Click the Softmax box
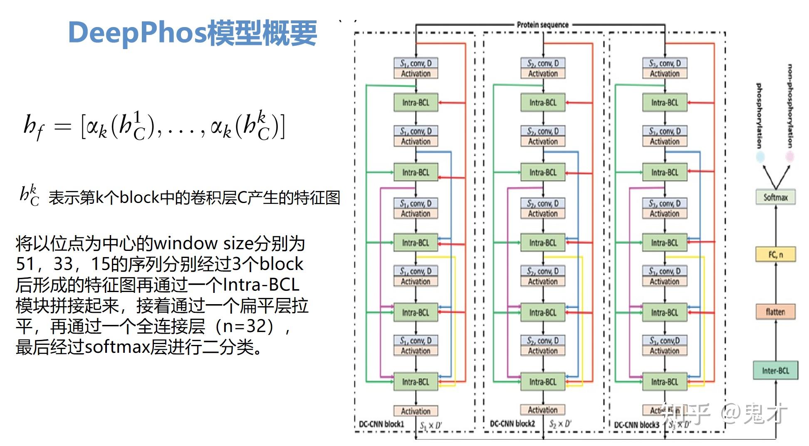click(775, 197)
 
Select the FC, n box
click(775, 254)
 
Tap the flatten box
click(775, 312)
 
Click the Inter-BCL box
click(775, 370)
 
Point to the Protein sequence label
click(542, 25)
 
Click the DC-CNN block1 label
click(381, 424)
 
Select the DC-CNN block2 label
click(512, 424)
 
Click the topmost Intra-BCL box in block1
click(416, 102)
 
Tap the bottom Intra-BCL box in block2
click(543, 382)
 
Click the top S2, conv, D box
click(543, 63)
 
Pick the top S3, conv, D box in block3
click(665, 63)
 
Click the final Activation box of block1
click(416, 411)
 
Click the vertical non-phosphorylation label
click(789, 106)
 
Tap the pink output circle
click(789, 157)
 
